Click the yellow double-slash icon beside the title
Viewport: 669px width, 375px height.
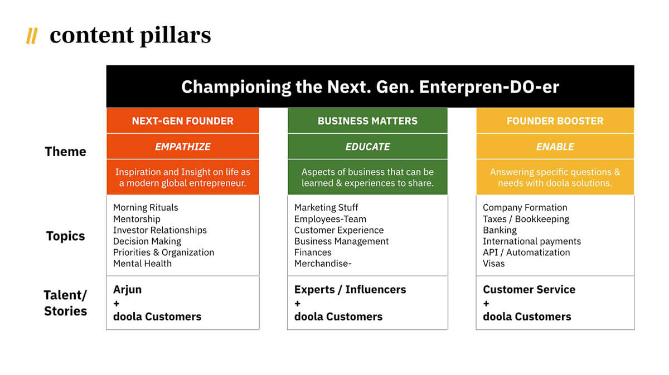tap(32, 36)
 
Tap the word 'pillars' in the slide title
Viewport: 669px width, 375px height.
tap(175, 36)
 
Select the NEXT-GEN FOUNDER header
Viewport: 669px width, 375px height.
tap(183, 121)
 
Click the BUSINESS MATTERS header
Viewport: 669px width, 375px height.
tap(367, 121)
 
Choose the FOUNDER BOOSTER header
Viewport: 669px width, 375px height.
tap(555, 121)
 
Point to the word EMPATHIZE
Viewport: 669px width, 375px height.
tap(183, 147)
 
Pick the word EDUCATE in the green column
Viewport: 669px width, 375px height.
tap(367, 147)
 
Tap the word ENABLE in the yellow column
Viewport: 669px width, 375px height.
tap(555, 147)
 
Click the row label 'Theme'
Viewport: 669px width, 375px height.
tap(65, 152)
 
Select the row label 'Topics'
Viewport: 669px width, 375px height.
tap(65, 236)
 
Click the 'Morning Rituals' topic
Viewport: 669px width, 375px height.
tap(146, 207)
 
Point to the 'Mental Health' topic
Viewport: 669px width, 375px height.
tap(143, 264)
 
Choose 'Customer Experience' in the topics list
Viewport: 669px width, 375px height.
tap(339, 230)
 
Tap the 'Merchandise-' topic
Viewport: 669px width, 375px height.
tap(323, 264)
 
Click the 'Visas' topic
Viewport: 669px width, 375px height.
tap(494, 264)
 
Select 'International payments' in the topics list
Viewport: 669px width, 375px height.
tap(532, 241)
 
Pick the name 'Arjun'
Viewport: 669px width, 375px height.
tap(127, 290)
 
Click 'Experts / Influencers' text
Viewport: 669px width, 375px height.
tap(350, 290)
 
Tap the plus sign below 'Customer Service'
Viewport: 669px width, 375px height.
tap(486, 304)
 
